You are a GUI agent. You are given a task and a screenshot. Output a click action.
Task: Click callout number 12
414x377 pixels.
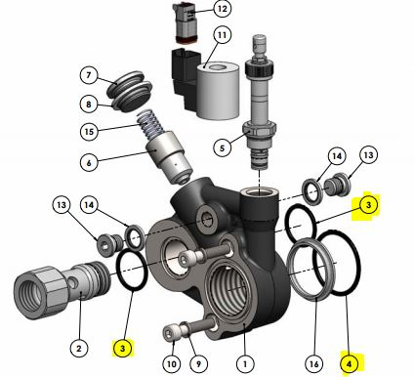tap(223, 9)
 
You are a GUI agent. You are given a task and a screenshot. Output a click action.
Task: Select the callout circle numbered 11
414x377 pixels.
tap(222, 34)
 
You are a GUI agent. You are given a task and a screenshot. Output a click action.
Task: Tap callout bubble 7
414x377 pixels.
tap(89, 75)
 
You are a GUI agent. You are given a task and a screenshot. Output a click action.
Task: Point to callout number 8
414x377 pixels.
tap(89, 105)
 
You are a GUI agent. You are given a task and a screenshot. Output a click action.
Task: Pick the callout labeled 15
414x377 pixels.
tap(89, 132)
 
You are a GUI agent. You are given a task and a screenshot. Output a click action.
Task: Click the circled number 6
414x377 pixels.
tap(89, 162)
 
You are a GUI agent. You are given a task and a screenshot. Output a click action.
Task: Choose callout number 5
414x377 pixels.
tap(223, 147)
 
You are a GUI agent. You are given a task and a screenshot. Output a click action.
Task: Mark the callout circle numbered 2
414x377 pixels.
tap(79, 349)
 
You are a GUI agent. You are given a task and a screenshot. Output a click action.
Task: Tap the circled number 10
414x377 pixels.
tap(172, 364)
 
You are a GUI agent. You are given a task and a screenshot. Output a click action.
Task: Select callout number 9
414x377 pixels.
tap(198, 364)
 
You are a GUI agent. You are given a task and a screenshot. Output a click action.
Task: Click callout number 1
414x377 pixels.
tap(245, 364)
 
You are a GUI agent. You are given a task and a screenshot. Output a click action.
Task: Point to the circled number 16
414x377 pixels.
tap(314, 364)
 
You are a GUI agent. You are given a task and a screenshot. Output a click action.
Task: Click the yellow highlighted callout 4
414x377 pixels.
tap(350, 364)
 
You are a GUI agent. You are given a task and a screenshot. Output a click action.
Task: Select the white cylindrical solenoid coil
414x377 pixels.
tap(218, 91)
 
